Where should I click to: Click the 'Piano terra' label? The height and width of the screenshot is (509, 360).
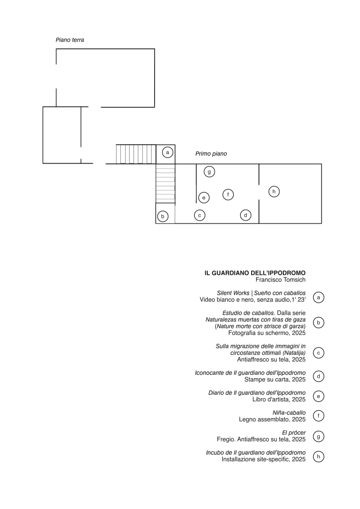[x=70, y=40]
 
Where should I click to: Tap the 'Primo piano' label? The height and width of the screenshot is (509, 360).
[x=211, y=154]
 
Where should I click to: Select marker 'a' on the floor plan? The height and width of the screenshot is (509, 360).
[x=168, y=152]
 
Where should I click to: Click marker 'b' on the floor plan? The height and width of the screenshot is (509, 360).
[x=163, y=216]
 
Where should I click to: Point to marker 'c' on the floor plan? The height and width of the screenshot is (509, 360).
[x=199, y=215]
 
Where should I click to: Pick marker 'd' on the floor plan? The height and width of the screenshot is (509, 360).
[x=246, y=215]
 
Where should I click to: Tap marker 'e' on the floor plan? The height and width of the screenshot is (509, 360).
[x=204, y=197]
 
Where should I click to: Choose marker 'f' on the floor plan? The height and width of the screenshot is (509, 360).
[x=228, y=194]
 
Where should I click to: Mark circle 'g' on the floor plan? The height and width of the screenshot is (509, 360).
[x=209, y=171]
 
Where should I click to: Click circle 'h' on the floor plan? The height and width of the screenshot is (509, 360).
[x=274, y=191]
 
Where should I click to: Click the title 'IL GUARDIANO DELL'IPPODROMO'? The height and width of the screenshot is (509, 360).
[x=255, y=273]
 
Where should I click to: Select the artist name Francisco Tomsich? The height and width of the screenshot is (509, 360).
[x=280, y=279]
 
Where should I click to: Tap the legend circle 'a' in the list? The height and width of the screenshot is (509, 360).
[x=318, y=297]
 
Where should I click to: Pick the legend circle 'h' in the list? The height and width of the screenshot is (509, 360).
[x=318, y=457]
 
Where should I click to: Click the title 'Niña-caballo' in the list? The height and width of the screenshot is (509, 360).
[x=289, y=413]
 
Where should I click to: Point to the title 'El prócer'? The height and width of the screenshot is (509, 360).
[x=294, y=433]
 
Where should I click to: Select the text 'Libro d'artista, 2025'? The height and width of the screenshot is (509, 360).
[x=279, y=399]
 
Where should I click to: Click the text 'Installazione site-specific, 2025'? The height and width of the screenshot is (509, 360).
[x=264, y=459]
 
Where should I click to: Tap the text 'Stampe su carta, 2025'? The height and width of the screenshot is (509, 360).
[x=275, y=379]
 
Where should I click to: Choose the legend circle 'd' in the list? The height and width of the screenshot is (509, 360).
[x=318, y=376]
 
